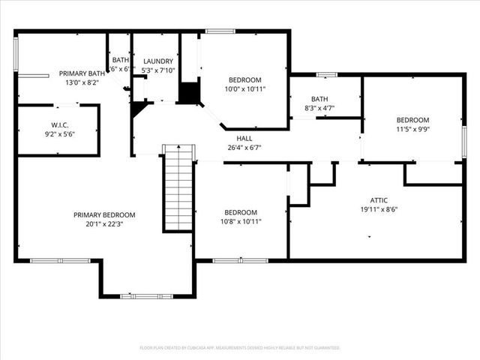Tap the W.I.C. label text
click(x=60, y=124)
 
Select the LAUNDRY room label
click(x=158, y=61)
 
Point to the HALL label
click(x=244, y=139)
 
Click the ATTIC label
click(x=378, y=200)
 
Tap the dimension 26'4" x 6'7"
click(x=244, y=148)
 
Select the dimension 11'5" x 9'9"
click(x=412, y=129)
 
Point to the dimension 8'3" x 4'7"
click(x=319, y=108)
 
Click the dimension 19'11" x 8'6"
click(x=378, y=209)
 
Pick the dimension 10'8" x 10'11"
click(x=240, y=221)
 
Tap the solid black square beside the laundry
click(x=189, y=93)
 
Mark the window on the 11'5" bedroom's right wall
click(x=464, y=142)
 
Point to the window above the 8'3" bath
click(x=325, y=74)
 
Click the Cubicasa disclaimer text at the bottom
click(x=240, y=348)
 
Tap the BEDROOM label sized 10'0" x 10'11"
click(x=244, y=79)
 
